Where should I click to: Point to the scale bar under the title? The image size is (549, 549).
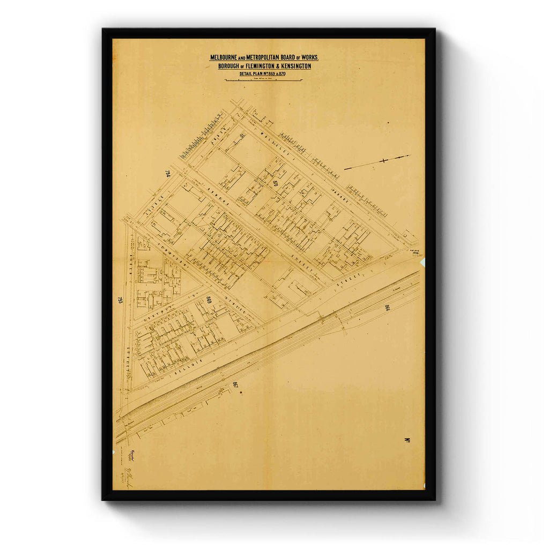tap(264, 80)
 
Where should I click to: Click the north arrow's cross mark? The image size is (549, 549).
tap(384, 160)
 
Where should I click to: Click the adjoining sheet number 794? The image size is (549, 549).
tap(168, 174)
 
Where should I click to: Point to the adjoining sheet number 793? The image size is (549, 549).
tap(120, 300)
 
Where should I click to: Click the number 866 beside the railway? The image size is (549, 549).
tap(387, 308)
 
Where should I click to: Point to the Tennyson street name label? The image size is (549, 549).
tap(167, 256)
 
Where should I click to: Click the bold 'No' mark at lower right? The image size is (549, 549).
tap(407, 441)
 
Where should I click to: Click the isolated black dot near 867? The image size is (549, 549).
tap(241, 393)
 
